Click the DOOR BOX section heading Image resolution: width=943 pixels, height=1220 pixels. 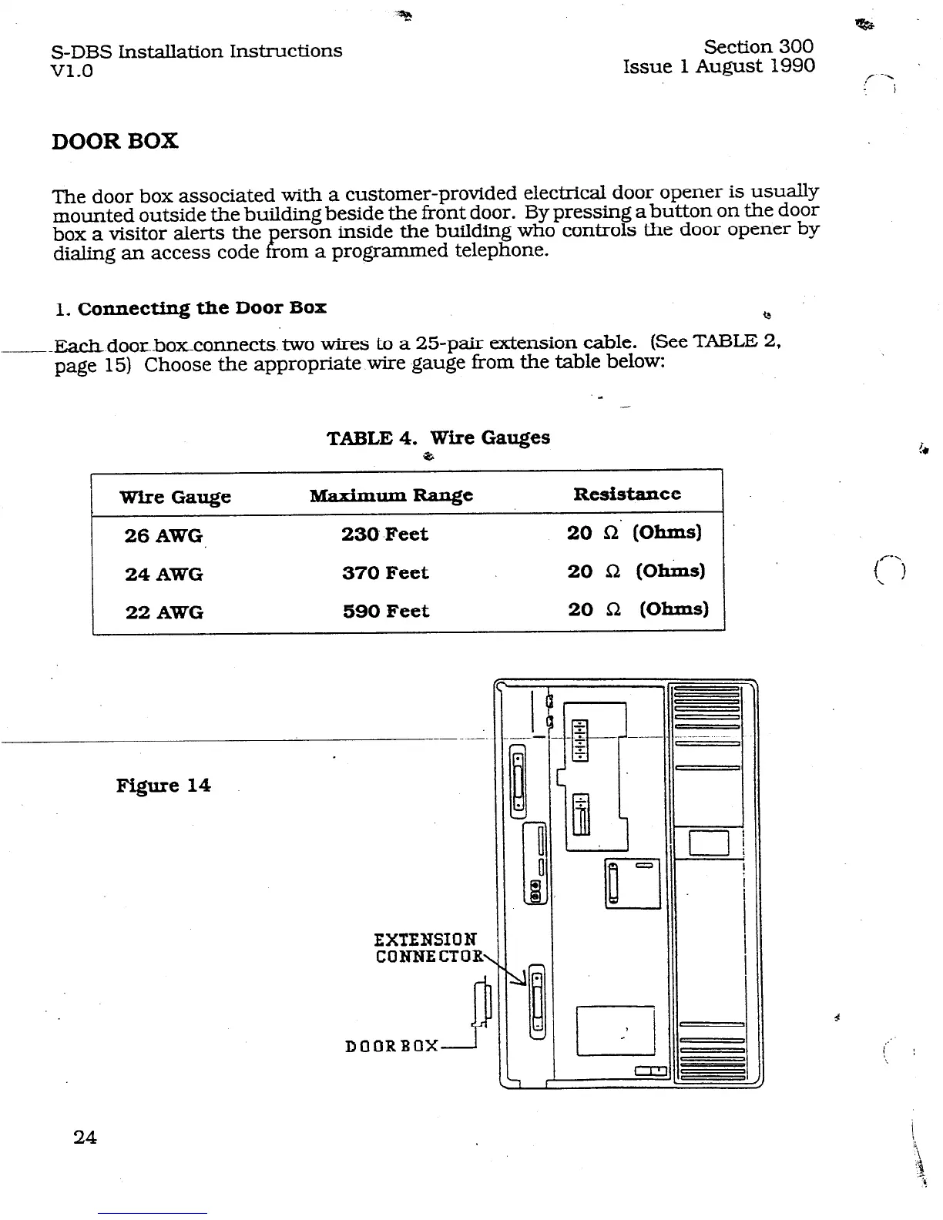[x=115, y=141]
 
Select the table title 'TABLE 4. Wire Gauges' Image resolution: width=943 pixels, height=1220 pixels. [x=438, y=438]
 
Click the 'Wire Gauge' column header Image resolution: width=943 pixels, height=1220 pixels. [x=175, y=497]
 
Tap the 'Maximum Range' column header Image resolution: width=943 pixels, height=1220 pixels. [x=391, y=495]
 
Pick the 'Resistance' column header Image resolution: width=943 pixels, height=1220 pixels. [x=626, y=494]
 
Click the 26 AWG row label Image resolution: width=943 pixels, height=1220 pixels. [x=163, y=535]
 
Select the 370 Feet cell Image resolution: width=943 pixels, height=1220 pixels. [x=385, y=573]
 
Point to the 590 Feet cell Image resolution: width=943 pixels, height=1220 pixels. [x=385, y=612]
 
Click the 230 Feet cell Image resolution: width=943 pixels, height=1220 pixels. [x=384, y=534]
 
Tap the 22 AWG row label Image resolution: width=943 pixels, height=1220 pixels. [x=164, y=612]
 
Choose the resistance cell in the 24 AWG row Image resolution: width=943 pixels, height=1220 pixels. [x=636, y=571]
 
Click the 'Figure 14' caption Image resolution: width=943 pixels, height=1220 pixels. [x=163, y=786]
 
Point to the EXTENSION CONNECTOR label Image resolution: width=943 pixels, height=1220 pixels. [x=428, y=948]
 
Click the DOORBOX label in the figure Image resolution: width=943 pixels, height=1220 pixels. [x=392, y=1047]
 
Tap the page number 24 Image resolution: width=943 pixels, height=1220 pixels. [x=85, y=1137]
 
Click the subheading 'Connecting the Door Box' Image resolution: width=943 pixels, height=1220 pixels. [x=202, y=308]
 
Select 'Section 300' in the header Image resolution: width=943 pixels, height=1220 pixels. [x=758, y=47]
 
